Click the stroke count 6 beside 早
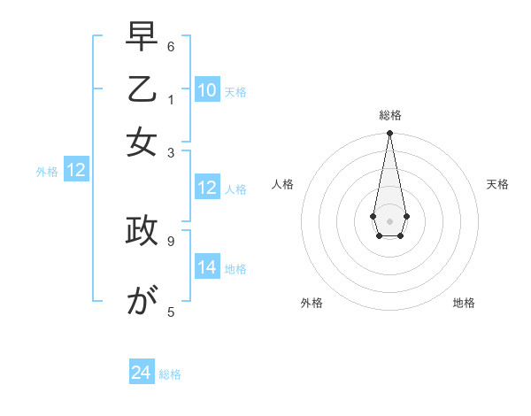click(x=171, y=46)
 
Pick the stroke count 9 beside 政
click(x=171, y=239)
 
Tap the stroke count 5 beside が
click(x=171, y=312)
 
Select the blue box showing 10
click(x=207, y=90)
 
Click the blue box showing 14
click(x=207, y=267)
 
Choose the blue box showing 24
click(x=142, y=374)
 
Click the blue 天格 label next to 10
click(x=235, y=91)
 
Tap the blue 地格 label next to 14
click(x=235, y=268)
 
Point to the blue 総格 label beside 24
click(x=170, y=374)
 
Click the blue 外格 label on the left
click(x=47, y=172)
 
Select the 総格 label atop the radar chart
click(x=389, y=115)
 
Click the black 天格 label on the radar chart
click(x=497, y=184)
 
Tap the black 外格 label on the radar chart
click(x=312, y=303)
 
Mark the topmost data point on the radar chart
click(x=389, y=134)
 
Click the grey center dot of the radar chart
click(x=389, y=220)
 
